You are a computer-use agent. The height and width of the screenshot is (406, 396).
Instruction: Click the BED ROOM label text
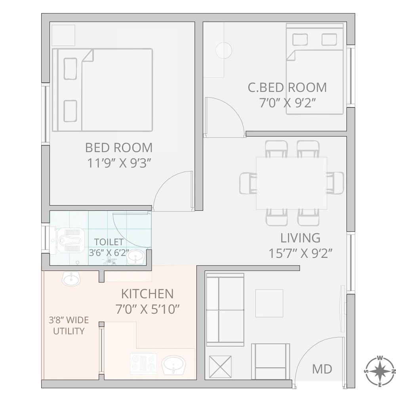point(119,147)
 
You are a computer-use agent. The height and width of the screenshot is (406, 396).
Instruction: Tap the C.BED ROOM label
point(287,88)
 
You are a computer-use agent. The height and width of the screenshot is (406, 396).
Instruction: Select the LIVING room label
point(300,238)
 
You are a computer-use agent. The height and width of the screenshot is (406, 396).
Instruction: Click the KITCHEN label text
point(147,294)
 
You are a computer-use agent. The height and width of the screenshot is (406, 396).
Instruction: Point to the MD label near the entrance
point(322,369)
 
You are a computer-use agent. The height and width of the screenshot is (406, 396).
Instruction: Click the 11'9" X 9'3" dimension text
point(120,163)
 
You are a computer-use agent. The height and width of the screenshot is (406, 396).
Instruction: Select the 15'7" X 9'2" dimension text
point(300,254)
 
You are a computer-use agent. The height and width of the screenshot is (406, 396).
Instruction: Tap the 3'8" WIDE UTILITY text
point(69,325)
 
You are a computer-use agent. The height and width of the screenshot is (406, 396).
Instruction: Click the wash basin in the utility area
point(71,278)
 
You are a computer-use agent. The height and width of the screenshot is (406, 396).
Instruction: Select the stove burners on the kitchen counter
point(143,364)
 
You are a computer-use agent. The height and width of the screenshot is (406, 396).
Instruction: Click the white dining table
point(292,183)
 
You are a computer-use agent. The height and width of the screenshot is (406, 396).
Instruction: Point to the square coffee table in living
point(269,303)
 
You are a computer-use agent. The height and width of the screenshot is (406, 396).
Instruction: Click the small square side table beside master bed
point(63,35)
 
